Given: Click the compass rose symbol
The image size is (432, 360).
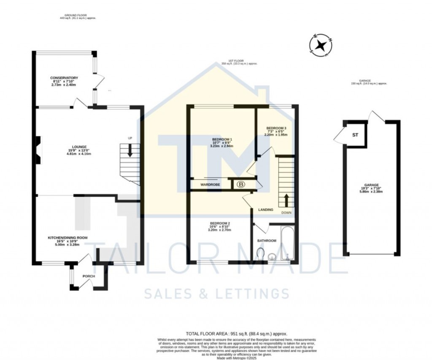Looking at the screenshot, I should coord(321,45).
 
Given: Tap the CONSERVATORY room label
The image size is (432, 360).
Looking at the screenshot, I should coord(64,78).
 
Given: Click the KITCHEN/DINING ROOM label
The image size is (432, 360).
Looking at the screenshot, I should coord(67,238).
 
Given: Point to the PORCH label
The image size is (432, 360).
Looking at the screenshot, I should coord(89,276).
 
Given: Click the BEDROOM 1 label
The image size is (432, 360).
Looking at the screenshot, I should coord(222,140).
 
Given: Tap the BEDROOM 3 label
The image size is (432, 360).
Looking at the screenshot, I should coord(276,128).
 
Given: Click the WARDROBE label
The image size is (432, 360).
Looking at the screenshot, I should coord(211,184).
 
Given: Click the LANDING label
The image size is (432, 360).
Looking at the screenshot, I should coord(266,210).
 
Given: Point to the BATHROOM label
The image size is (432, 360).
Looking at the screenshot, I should coord(267,241).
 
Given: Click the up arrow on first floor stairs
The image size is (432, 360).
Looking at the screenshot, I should coord(286,200).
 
